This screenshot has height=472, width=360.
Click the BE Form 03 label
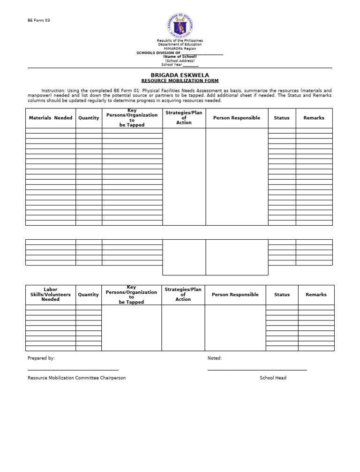[x=38, y=20]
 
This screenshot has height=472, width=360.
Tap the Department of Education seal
[x=180, y=25]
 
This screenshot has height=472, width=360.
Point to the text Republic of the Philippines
[x=180, y=41]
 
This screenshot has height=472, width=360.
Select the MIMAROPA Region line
[x=180, y=49]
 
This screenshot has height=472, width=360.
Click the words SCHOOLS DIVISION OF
[x=158, y=53]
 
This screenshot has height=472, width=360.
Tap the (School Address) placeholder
[x=180, y=61]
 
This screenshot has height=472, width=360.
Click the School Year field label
[x=172, y=65]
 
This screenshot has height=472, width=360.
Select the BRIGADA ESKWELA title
[x=180, y=75]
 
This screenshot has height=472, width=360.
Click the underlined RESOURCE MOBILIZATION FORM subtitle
[x=180, y=81]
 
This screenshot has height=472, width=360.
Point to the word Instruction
[x=53, y=91]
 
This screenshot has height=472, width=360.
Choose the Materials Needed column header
[x=51, y=118]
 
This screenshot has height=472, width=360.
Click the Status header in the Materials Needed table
[x=282, y=118]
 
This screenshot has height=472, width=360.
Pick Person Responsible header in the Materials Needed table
[x=237, y=118]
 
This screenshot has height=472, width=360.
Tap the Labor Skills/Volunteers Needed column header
[x=51, y=295]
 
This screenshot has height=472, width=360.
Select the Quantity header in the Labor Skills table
[x=89, y=295]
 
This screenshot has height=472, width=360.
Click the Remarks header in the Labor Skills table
[x=316, y=295]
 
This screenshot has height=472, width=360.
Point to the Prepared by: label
[x=41, y=358]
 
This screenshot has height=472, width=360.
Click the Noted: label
[x=215, y=358]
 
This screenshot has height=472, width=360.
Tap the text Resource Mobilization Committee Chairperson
[x=77, y=378]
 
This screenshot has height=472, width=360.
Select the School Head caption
[x=273, y=378]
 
